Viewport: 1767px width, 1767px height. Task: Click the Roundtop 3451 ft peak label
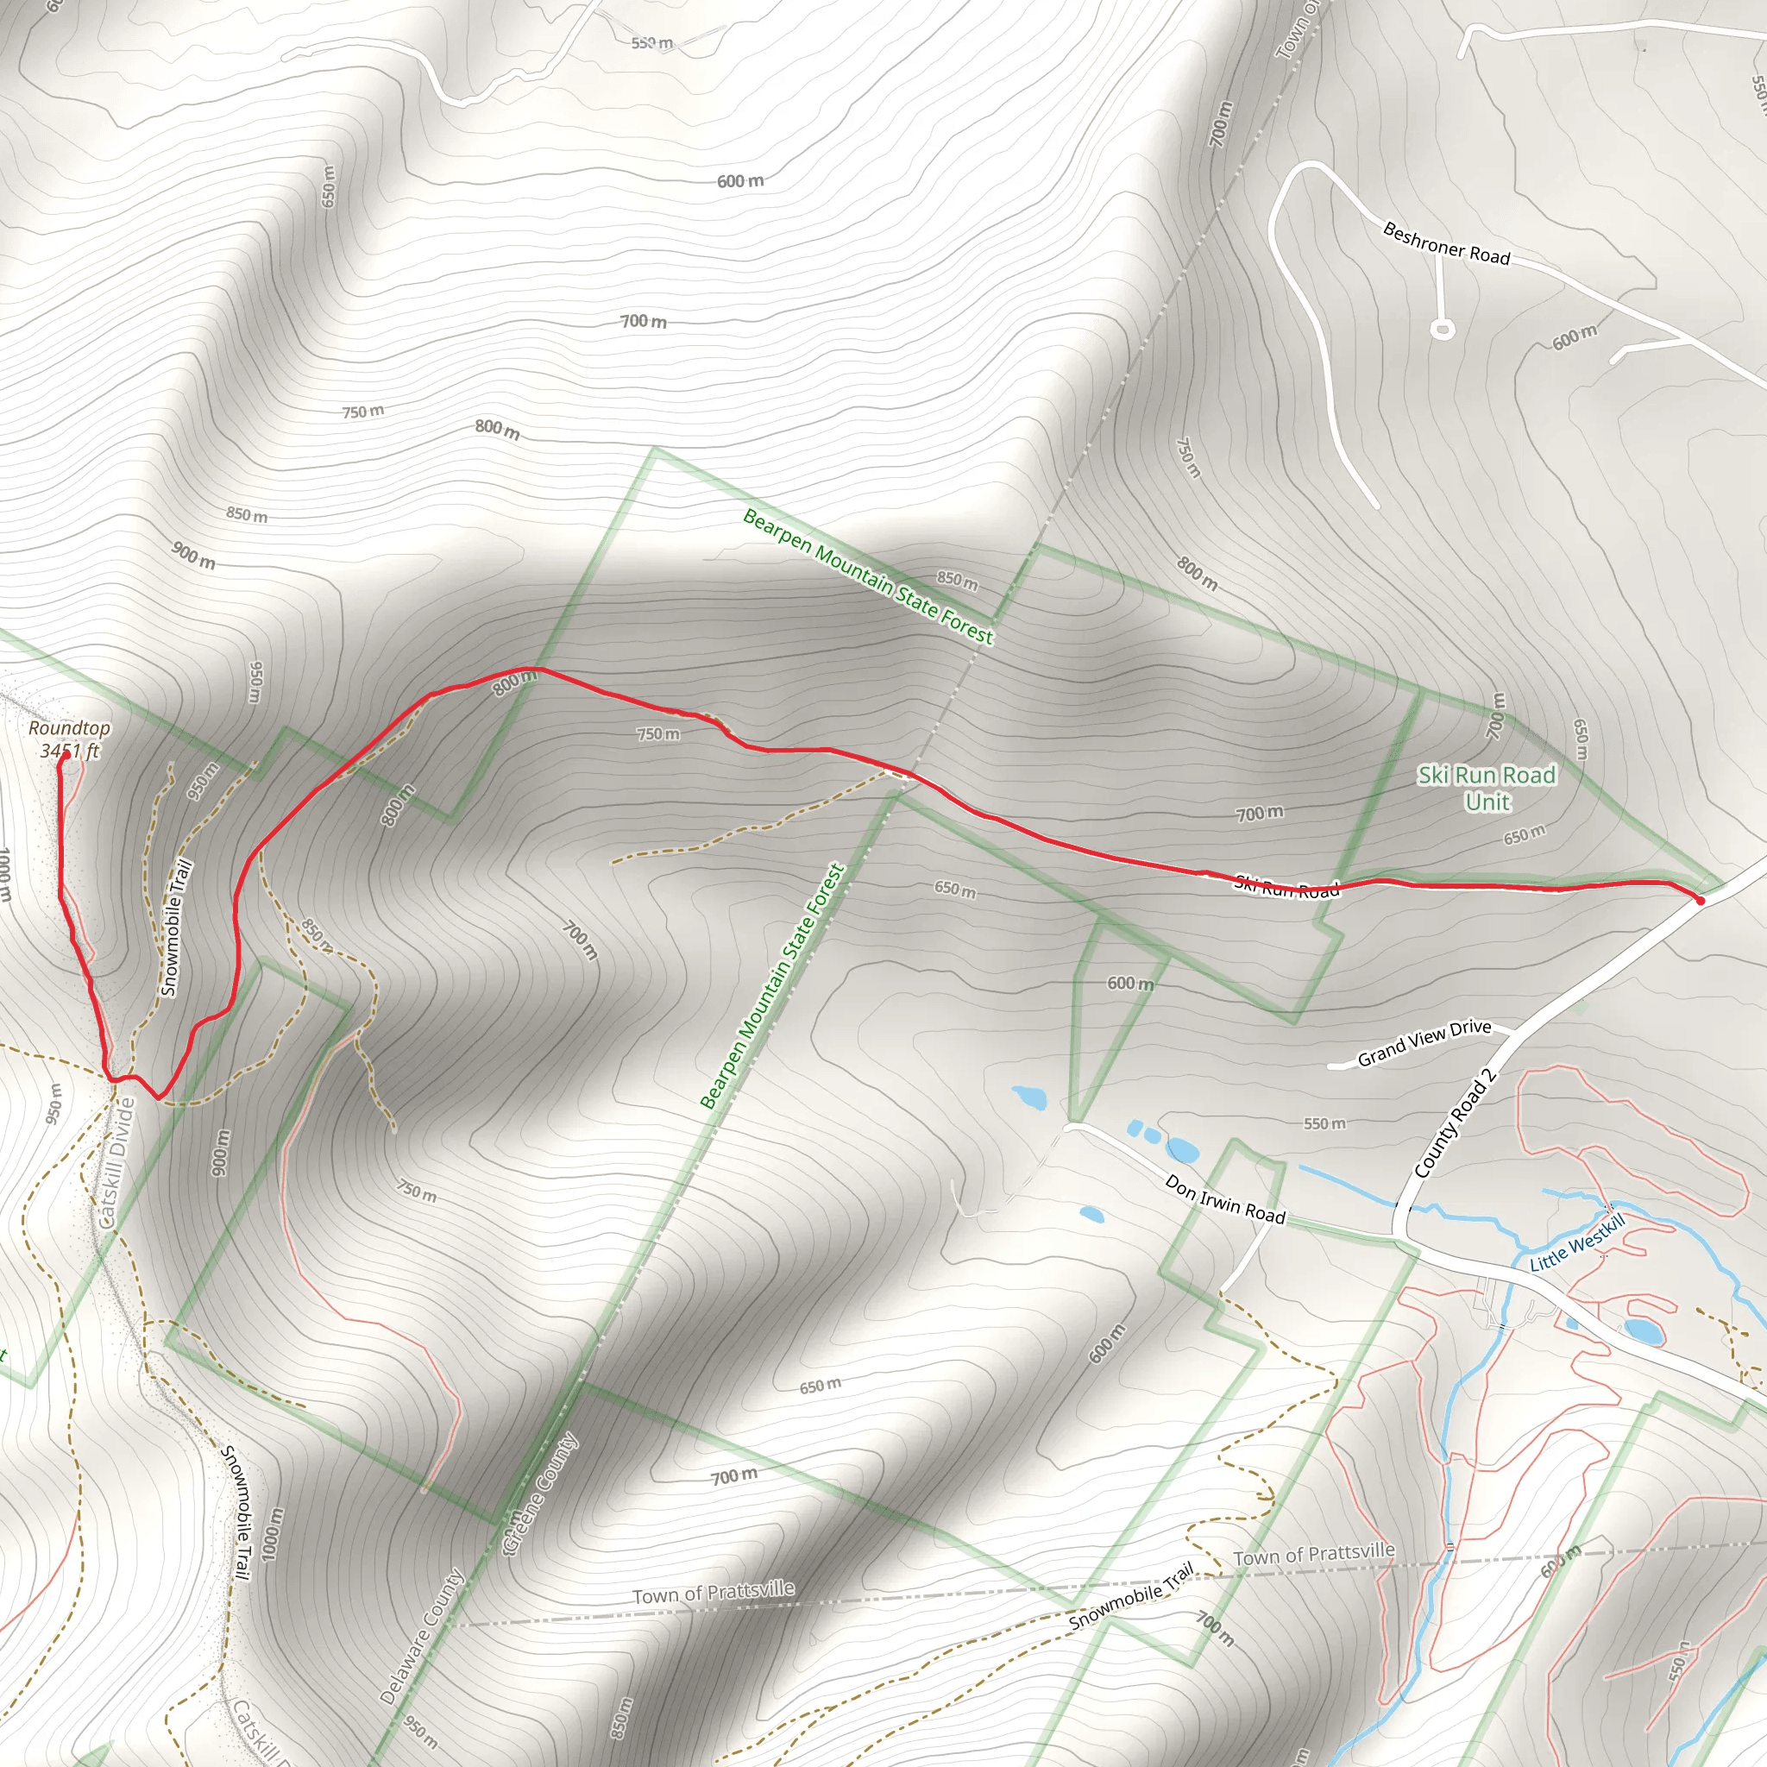pos(69,739)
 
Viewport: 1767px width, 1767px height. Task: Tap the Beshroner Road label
pos(1446,243)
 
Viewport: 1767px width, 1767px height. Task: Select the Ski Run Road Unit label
pos(1487,789)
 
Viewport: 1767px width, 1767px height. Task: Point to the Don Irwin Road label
pos(1224,1199)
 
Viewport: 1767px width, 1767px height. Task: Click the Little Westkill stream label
pos(1578,1244)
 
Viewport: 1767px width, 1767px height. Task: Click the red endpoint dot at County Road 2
pos(1701,901)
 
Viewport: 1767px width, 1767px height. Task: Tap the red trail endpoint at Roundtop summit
pos(66,756)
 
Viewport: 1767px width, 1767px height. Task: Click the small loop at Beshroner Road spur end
pos(1443,329)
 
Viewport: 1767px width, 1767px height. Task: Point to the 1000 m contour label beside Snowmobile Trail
pos(273,1534)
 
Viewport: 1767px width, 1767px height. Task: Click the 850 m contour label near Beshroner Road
pos(957,579)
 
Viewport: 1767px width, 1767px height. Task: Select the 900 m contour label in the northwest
pos(193,555)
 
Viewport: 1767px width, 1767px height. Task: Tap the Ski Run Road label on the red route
pos(1286,886)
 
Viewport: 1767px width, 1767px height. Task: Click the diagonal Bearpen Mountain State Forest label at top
pos(867,576)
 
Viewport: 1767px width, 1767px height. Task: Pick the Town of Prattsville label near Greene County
pos(714,1593)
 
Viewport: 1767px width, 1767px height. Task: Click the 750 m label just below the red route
pos(658,733)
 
